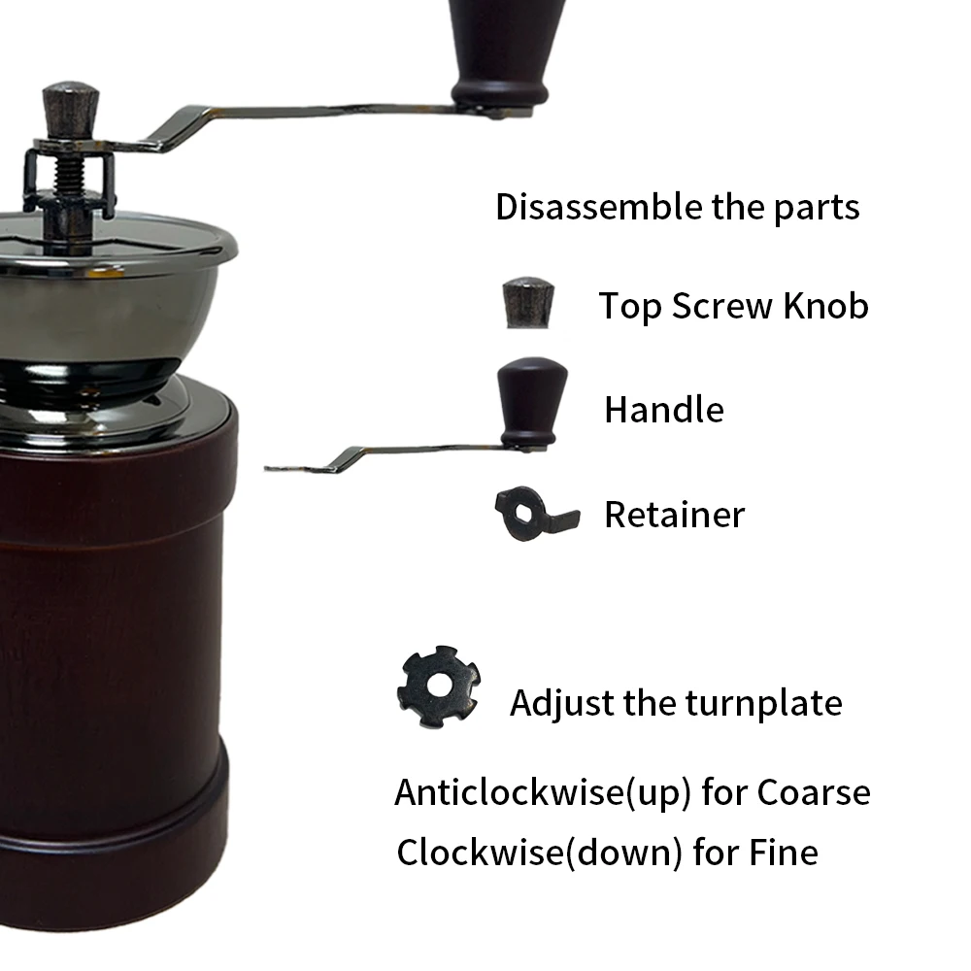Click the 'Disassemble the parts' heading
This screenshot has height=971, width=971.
pos(677,208)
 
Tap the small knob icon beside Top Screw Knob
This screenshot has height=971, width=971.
pos(529,303)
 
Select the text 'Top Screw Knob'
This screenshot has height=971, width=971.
pos(733,306)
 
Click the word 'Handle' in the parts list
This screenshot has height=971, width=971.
pos(663,410)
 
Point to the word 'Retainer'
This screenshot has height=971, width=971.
pos(674,515)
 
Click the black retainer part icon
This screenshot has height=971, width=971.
pos(534,513)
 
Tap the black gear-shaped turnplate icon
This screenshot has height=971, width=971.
pos(440,686)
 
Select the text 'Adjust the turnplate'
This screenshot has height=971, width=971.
pos(676,702)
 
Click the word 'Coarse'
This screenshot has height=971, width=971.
pos(813,793)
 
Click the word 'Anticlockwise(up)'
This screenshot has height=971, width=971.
pos(543,793)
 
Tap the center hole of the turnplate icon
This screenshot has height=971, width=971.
pos(440,685)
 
